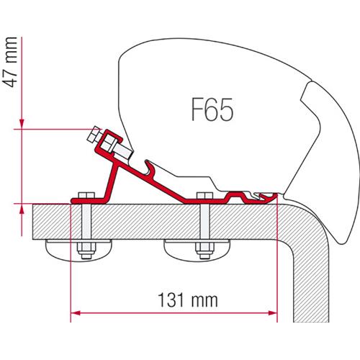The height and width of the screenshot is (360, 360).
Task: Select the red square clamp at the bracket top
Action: pos(110,141)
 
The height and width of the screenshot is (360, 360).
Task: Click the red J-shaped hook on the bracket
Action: pos(148,169)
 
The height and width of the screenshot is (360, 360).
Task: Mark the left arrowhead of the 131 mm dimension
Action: pos(74,312)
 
